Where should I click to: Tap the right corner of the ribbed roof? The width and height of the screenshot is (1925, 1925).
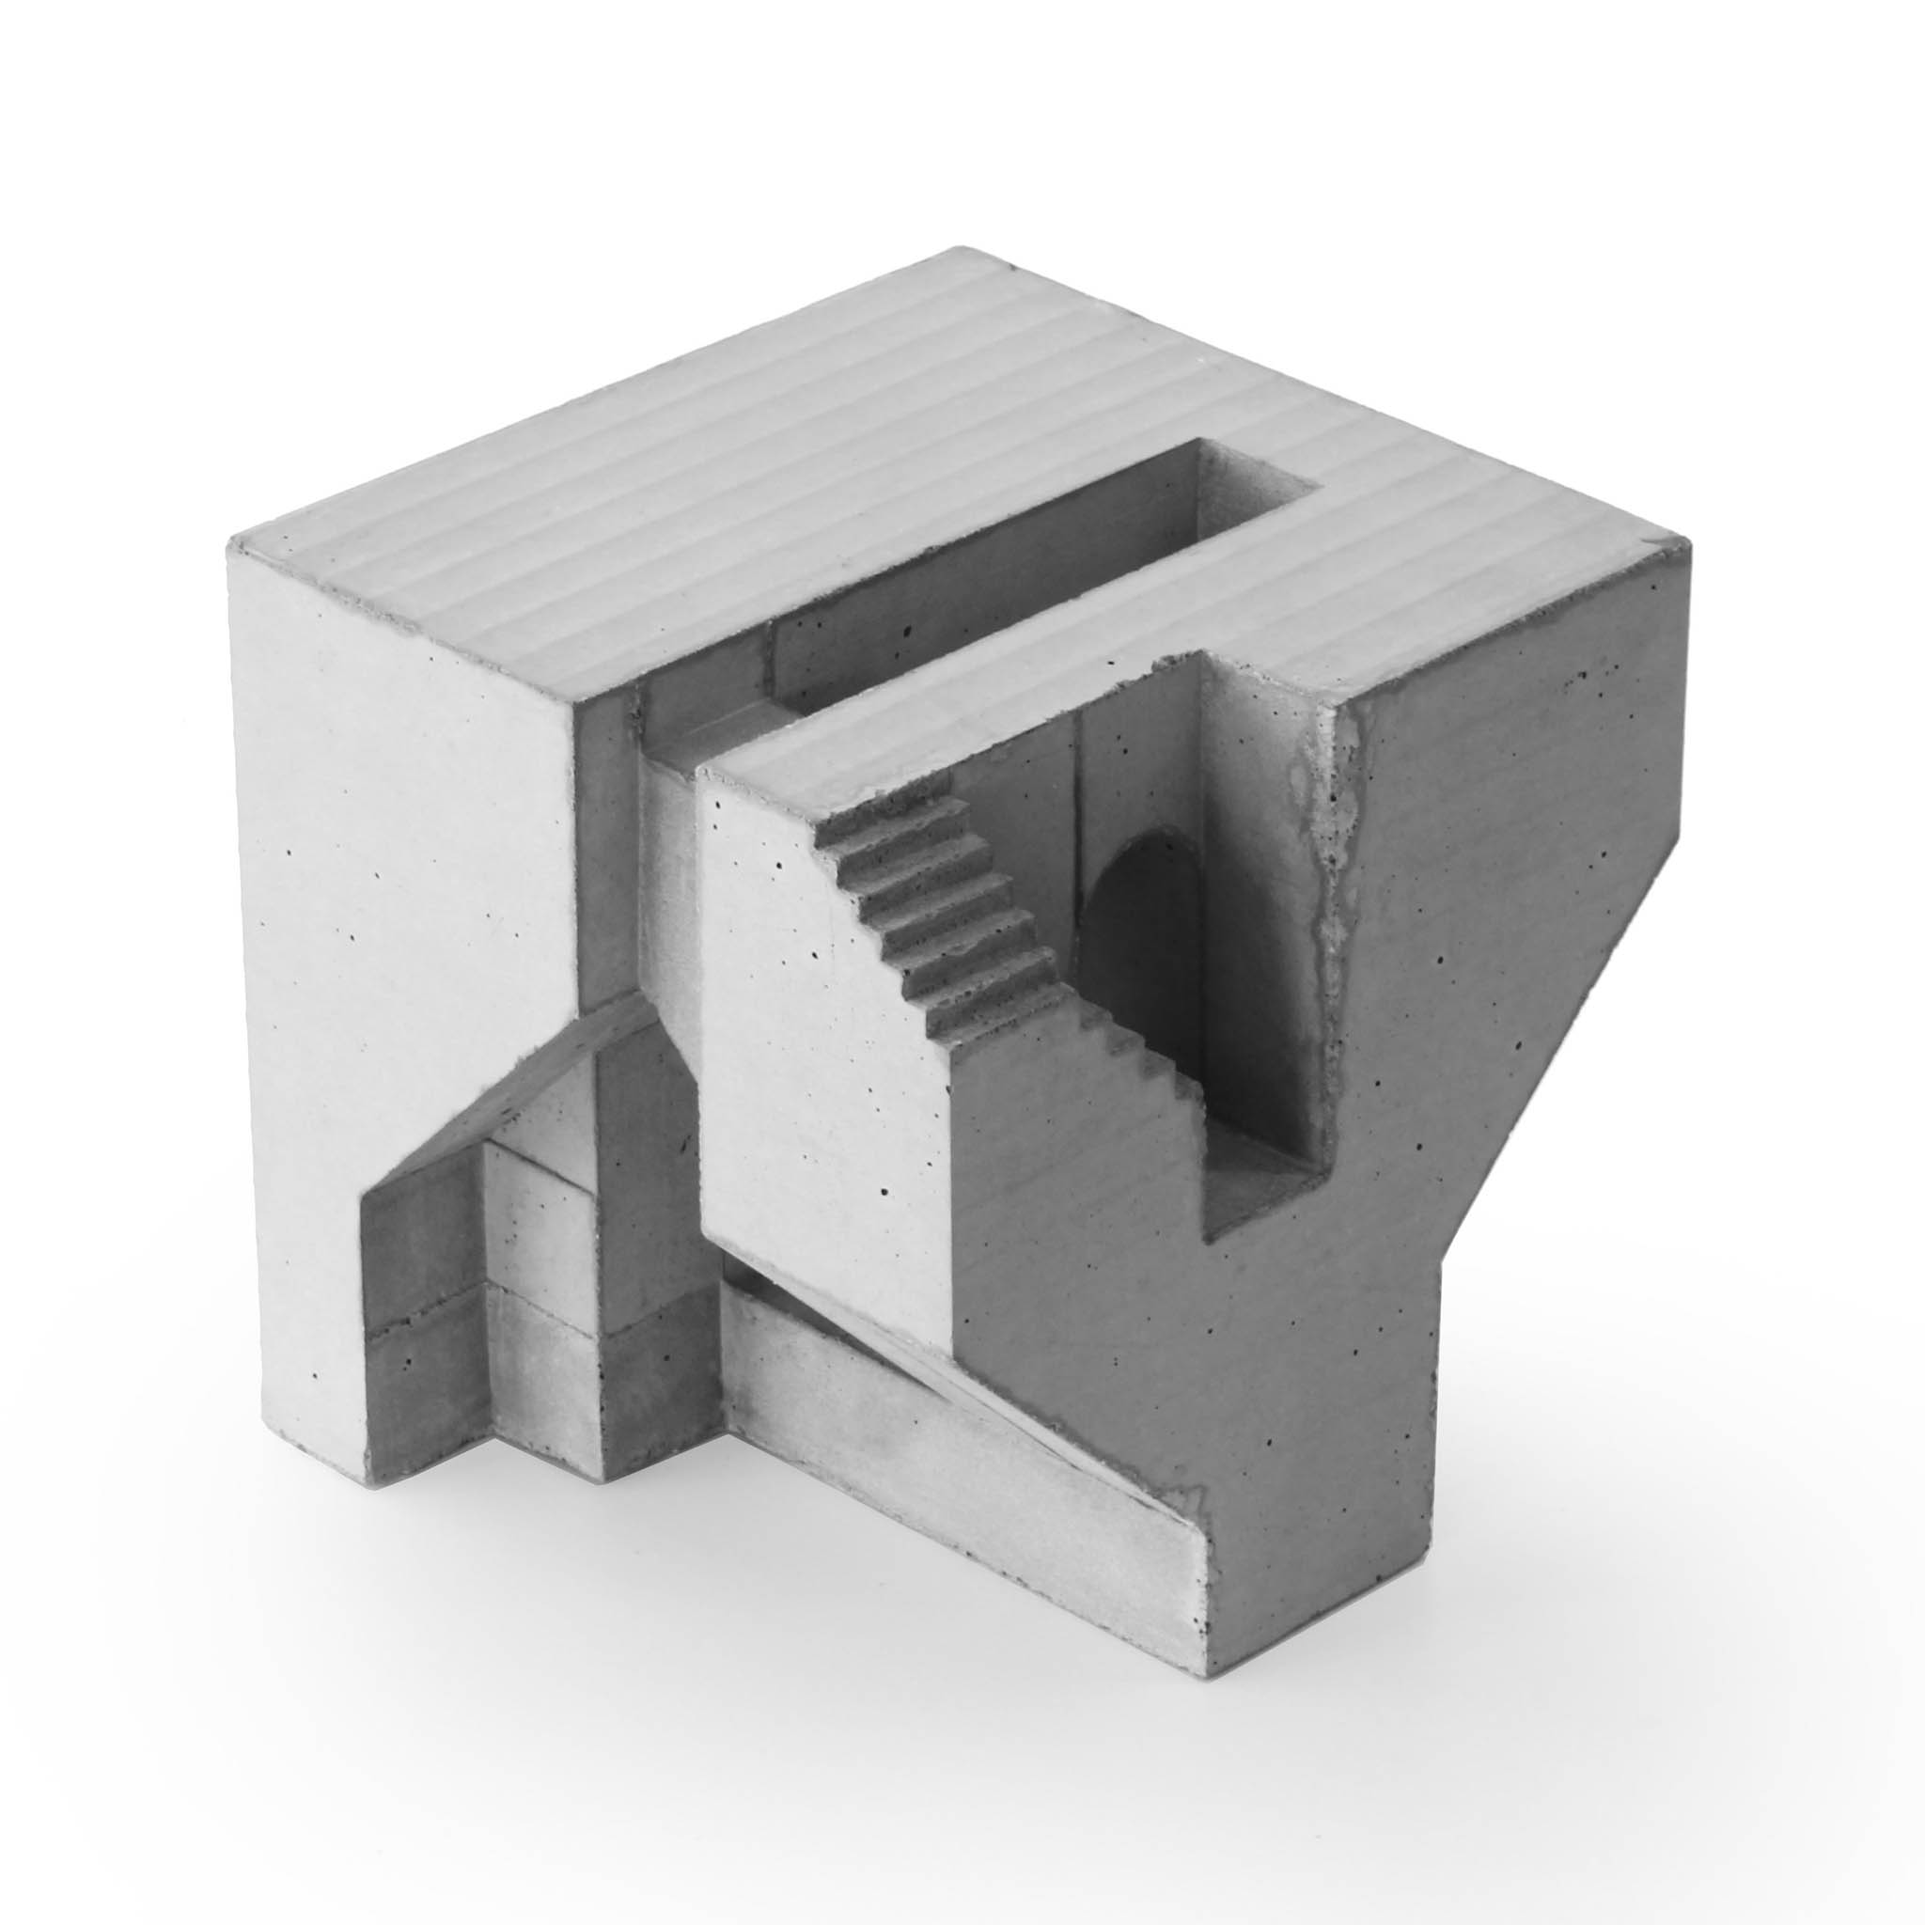coord(1689,543)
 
